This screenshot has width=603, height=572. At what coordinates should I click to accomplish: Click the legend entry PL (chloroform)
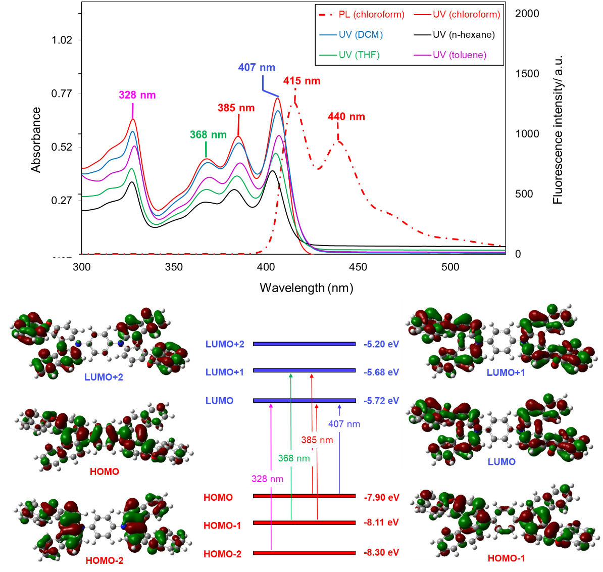371,15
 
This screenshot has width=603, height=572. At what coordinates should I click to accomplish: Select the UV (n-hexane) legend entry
464,35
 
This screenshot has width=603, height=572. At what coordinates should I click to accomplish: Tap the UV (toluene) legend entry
459,55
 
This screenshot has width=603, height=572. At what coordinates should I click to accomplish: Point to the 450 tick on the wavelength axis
358,267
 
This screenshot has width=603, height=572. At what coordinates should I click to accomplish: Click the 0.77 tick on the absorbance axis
62,93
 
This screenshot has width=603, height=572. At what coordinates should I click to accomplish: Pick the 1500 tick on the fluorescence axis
527,74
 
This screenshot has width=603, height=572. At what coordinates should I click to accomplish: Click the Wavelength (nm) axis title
306,288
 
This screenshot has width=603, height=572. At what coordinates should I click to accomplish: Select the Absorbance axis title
36,140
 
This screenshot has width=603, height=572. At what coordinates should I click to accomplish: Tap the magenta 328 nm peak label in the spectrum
137,95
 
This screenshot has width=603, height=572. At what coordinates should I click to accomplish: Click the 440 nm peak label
346,117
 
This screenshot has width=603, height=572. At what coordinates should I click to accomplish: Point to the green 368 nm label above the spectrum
208,135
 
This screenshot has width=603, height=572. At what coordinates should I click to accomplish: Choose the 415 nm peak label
301,81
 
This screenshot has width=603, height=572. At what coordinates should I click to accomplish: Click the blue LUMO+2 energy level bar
304,344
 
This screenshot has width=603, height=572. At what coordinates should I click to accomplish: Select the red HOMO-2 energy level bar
304,553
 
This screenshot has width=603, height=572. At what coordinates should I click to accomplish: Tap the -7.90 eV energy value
381,498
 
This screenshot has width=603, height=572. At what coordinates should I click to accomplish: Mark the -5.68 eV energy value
381,372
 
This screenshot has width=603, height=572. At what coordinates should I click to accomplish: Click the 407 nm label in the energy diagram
344,424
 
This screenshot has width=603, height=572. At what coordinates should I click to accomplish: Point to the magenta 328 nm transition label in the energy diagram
267,479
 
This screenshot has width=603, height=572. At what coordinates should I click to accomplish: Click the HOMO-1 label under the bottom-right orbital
506,558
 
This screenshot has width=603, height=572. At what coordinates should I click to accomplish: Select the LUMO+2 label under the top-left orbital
104,377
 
